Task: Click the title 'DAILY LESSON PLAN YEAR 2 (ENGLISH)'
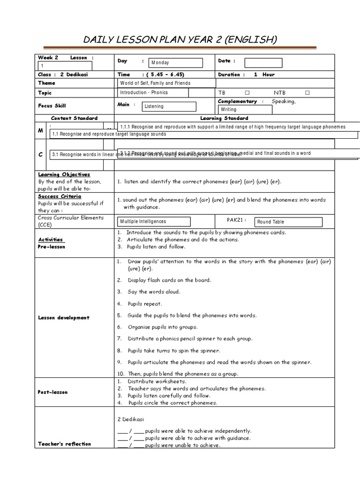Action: [x=180, y=39]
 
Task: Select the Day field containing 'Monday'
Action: [x=176, y=63]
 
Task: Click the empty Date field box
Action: [x=263, y=63]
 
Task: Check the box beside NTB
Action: [x=307, y=93]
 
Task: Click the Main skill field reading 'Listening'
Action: [x=169, y=106]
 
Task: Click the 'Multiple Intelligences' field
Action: [x=154, y=221]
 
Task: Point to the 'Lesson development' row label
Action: [x=64, y=318]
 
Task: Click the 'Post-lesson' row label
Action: [x=52, y=392]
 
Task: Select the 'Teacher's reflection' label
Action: [x=65, y=443]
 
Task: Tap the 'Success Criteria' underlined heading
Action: [x=60, y=196]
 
